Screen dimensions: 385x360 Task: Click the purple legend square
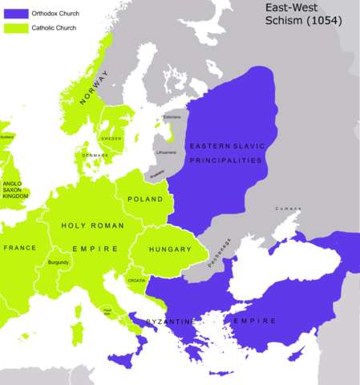click(x=17, y=13)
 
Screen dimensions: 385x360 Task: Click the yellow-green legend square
click(x=17, y=28)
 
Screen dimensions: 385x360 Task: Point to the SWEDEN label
click(x=111, y=139)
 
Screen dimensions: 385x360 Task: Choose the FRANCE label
click(x=19, y=248)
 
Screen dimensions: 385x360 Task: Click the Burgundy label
click(x=59, y=262)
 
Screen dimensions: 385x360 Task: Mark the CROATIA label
click(x=136, y=280)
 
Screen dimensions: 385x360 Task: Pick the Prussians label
click(x=157, y=172)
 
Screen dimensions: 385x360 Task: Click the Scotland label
click(x=7, y=136)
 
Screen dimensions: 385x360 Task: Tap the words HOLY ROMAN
click(x=92, y=225)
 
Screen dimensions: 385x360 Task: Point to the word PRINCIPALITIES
click(x=226, y=160)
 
